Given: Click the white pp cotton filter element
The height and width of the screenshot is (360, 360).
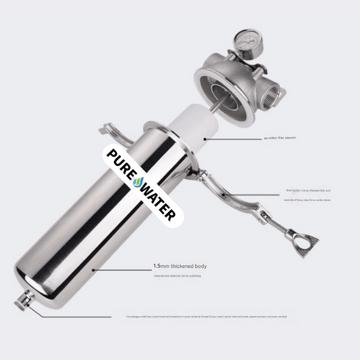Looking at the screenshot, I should [189, 126].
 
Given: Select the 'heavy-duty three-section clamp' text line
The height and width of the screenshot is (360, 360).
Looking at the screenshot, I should [307, 199].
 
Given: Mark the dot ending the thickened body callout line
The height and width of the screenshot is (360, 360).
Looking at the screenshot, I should [93, 271].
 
